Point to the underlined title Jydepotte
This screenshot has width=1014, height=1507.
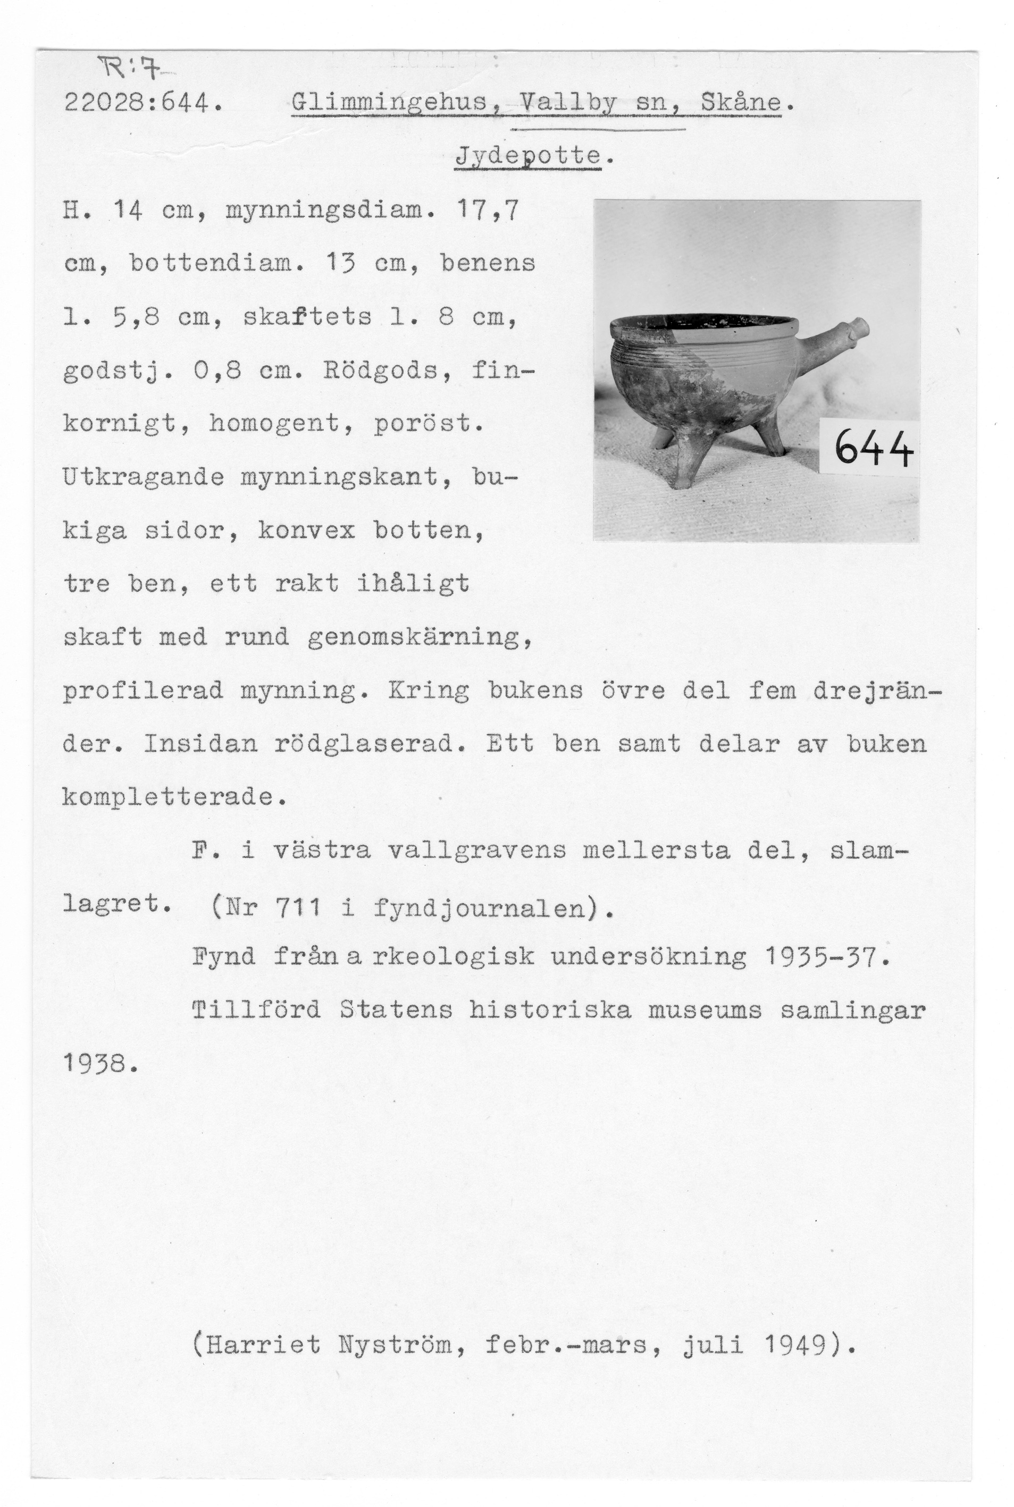[527, 156]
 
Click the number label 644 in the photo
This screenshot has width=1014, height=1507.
[874, 448]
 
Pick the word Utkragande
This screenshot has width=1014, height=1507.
[144, 477]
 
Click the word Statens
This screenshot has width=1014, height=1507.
[396, 1011]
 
